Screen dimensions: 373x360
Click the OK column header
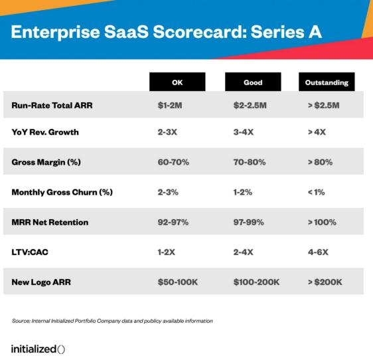click(177, 82)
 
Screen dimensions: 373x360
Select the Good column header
click(253, 82)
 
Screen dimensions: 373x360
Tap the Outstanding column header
click(327, 82)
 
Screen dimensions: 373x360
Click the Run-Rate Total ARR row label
click(52, 105)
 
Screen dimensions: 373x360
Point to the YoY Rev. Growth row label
click(45, 132)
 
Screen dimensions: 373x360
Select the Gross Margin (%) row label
click(46, 162)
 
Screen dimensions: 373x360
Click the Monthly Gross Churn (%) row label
click(62, 192)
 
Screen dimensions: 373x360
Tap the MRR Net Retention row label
click(50, 222)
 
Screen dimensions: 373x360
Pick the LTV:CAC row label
click(30, 252)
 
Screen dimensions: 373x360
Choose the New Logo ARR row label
click(41, 282)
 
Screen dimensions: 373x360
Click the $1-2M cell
click(170, 105)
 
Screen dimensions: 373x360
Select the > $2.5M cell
click(323, 105)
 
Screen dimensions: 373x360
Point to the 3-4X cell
click(244, 132)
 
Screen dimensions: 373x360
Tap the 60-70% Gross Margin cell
click(173, 162)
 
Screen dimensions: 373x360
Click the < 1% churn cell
click(316, 192)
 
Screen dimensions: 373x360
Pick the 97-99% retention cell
click(249, 222)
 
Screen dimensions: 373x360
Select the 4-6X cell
click(318, 252)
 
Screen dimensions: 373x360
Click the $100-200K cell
click(256, 282)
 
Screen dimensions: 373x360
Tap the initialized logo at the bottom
click(38, 349)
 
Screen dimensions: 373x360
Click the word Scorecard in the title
click(198, 32)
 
